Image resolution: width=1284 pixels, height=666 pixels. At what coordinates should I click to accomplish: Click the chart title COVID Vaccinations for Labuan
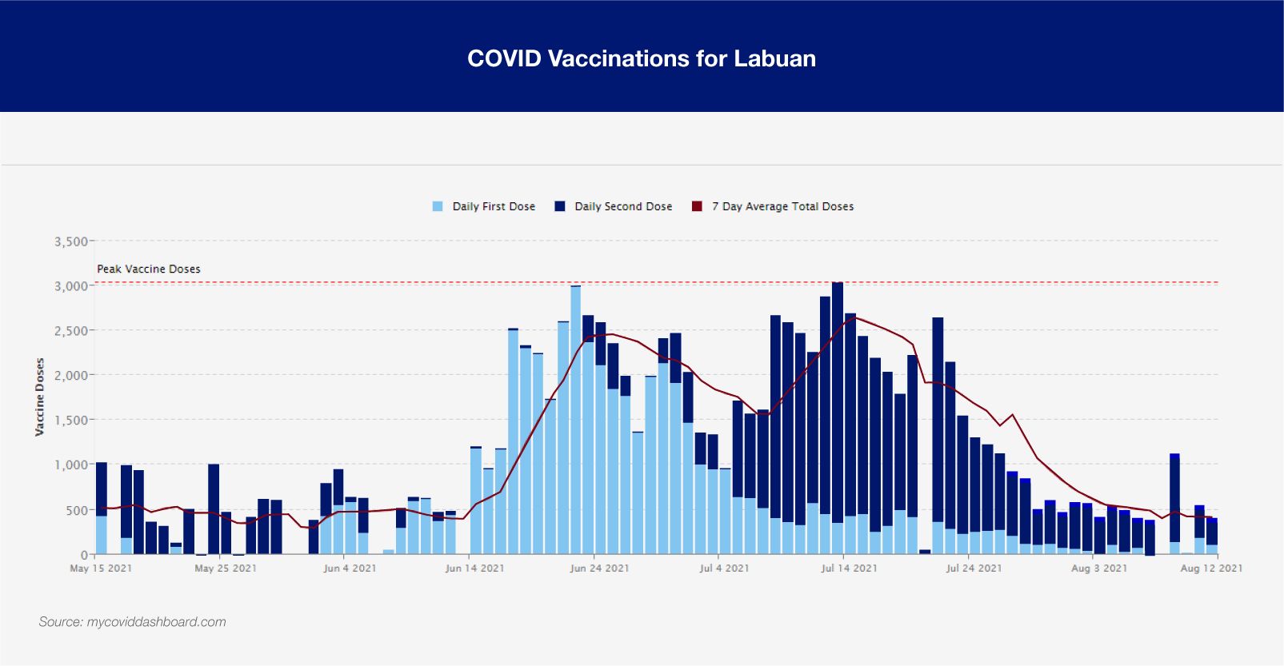[642, 58]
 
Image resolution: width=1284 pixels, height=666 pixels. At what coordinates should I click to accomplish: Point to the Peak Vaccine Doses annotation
[149, 269]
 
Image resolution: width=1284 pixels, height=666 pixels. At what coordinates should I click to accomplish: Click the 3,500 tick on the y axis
[70, 241]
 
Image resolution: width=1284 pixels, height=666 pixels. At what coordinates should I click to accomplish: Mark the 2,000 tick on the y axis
[70, 375]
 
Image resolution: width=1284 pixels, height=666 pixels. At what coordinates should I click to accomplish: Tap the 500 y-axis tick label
[78, 510]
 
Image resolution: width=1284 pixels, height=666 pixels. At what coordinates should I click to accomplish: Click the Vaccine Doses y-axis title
[39, 397]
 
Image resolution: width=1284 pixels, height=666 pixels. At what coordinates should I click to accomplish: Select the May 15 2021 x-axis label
[101, 568]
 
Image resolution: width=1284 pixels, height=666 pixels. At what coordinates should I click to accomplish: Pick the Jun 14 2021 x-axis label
[474, 568]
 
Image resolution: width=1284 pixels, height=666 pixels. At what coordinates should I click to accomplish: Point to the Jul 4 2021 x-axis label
[724, 568]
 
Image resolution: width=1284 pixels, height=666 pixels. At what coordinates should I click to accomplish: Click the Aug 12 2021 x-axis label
[1211, 568]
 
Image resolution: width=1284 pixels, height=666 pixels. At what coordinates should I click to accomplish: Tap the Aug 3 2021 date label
[1098, 568]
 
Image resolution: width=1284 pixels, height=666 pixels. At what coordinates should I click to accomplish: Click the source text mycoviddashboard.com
[133, 622]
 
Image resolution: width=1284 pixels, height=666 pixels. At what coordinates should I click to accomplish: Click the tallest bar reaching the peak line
[838, 416]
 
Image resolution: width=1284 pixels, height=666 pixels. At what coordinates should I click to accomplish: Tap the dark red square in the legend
[697, 206]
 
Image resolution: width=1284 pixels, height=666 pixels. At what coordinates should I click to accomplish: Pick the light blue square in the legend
[438, 206]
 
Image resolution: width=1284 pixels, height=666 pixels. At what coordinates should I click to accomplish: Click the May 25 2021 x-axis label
[226, 568]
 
